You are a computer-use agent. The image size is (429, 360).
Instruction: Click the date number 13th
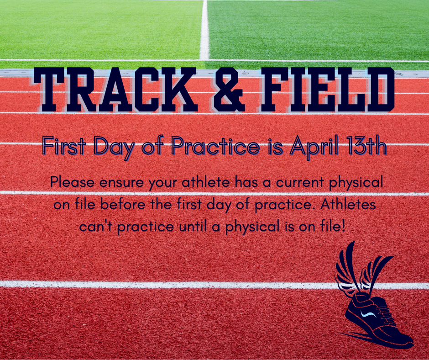[364, 147]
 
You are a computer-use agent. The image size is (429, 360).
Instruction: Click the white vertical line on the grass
[204, 27]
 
